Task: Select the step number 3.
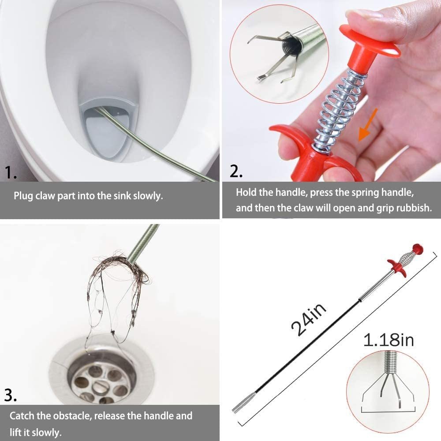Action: (11, 395)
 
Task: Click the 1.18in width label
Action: (389, 340)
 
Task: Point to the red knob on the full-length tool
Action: (417, 249)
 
